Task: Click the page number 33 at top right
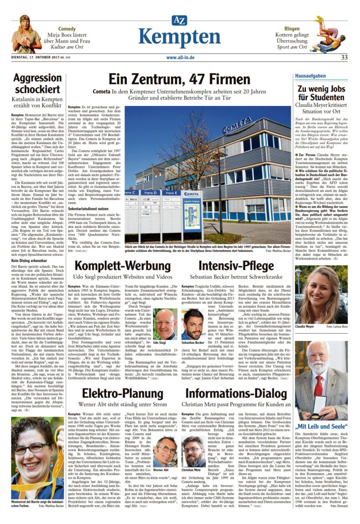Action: pyautogui.click(x=344, y=57)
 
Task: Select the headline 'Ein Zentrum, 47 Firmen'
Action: pyautogui.click(x=180, y=79)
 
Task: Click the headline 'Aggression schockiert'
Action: pyautogui.click(x=37, y=84)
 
